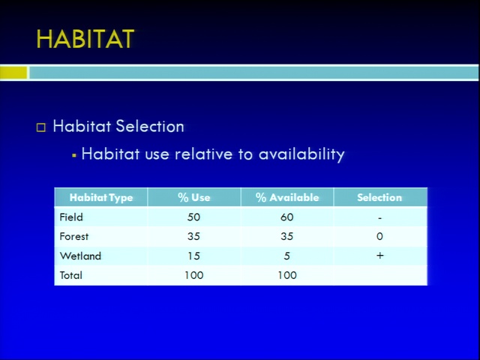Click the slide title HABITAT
click(85, 39)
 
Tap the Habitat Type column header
click(101, 197)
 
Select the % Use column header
click(194, 197)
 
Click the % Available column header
click(287, 197)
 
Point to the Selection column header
click(379, 197)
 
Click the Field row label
click(71, 217)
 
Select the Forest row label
click(74, 236)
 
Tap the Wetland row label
click(80, 256)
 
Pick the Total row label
click(71, 275)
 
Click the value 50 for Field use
click(193, 217)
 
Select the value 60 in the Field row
click(286, 217)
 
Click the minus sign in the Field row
click(379, 218)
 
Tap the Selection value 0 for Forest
click(379, 236)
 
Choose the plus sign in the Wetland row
click(380, 256)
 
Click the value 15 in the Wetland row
click(194, 256)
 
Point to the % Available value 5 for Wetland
click(286, 256)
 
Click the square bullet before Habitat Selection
click(41, 127)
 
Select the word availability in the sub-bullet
click(301, 154)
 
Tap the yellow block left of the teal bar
click(13, 73)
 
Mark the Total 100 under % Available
click(287, 275)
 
